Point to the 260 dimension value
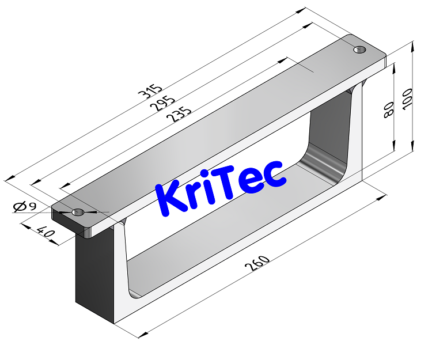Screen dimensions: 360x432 click(x=257, y=263)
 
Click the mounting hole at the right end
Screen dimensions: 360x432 click(x=359, y=50)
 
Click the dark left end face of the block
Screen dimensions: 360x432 click(x=94, y=271)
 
